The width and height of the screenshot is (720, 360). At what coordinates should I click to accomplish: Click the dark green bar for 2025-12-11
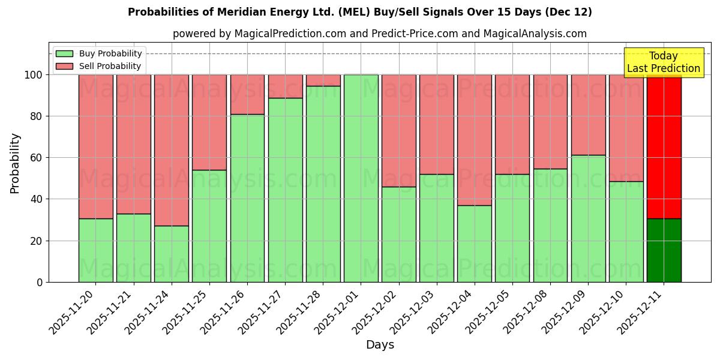pyautogui.click(x=664, y=250)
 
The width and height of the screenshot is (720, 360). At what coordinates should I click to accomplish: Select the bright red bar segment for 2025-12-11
pyautogui.click(x=664, y=146)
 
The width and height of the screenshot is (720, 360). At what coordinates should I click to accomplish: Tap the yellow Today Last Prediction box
pyautogui.click(x=663, y=62)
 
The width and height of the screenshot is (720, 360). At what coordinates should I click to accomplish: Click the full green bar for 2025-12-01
pyautogui.click(x=361, y=178)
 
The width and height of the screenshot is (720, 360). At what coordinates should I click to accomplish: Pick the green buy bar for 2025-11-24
pyautogui.click(x=172, y=254)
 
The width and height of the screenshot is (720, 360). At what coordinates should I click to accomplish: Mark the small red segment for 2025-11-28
pyautogui.click(x=323, y=80)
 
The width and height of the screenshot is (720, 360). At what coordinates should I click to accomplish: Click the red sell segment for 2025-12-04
pyautogui.click(x=474, y=140)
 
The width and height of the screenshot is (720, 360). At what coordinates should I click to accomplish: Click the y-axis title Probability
pyautogui.click(x=15, y=163)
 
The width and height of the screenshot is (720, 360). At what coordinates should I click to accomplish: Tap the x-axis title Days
pyautogui.click(x=380, y=345)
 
